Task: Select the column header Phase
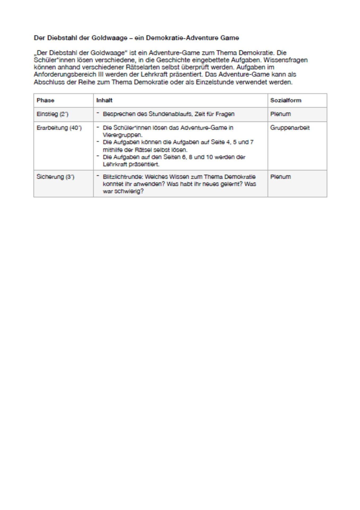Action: (x=45, y=100)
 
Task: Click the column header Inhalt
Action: (x=104, y=100)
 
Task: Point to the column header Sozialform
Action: (x=286, y=100)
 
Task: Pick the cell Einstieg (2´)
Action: (x=52, y=114)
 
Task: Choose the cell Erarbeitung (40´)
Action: (x=59, y=128)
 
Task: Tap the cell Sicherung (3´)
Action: (x=55, y=177)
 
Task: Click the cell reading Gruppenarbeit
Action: (x=290, y=128)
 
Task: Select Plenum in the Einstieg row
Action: (x=280, y=114)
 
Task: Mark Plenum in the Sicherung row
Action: (x=280, y=177)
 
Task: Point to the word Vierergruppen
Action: (x=122, y=135)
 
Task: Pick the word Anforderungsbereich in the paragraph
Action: (x=65, y=75)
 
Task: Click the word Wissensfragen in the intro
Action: (x=285, y=60)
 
